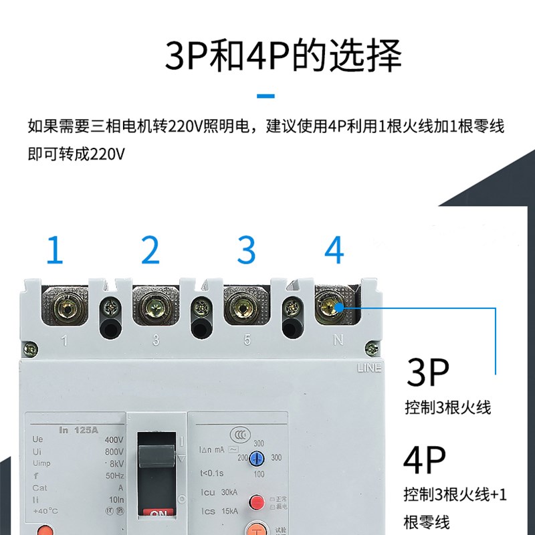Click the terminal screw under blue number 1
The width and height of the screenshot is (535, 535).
tap(64, 307)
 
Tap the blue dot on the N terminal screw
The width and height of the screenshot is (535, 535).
tap(336, 306)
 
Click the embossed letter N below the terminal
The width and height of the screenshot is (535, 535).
tap(338, 341)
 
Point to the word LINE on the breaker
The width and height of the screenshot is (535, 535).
tap(368, 368)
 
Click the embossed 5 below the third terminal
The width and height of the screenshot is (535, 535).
tap(247, 341)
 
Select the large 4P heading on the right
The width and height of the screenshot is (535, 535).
tap(425, 462)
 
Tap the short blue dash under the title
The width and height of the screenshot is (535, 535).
tap(266, 96)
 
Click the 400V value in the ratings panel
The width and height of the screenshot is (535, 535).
tap(115, 439)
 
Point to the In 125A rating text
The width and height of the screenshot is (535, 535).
tap(78, 429)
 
